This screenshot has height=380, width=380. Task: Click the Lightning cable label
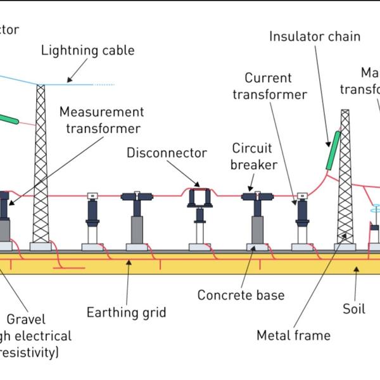(x=88, y=51)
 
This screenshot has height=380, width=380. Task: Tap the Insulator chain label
(x=315, y=35)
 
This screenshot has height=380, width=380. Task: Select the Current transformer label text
(x=270, y=86)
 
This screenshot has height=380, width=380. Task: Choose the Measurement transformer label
(x=102, y=120)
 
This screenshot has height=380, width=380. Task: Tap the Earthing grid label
(x=127, y=312)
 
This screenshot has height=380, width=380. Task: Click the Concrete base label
(x=241, y=295)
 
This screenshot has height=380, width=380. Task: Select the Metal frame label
(x=293, y=335)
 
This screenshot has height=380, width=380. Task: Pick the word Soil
(x=354, y=309)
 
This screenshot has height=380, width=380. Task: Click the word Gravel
(x=26, y=319)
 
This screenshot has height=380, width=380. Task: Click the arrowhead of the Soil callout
(x=357, y=269)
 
